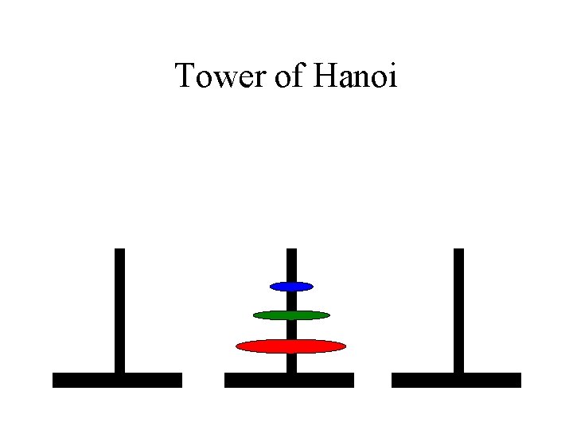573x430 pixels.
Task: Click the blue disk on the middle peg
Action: click(291, 286)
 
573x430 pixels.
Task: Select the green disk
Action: click(291, 315)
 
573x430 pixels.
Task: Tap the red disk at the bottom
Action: click(291, 346)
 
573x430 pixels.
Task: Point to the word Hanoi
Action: click(356, 76)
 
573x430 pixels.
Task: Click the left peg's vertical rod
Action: click(119, 311)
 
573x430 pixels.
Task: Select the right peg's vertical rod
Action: click(458, 311)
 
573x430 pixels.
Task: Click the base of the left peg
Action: click(117, 380)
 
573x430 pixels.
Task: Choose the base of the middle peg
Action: click(289, 380)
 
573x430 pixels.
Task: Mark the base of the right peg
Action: click(456, 380)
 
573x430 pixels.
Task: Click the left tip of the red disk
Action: click(239, 346)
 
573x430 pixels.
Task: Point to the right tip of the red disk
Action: click(344, 346)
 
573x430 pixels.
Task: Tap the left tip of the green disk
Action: click(255, 315)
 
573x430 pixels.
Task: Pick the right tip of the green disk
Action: click(327, 315)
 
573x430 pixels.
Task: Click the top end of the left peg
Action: click(119, 252)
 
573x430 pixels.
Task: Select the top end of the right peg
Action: click(458, 252)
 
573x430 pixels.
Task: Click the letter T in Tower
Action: click(185, 76)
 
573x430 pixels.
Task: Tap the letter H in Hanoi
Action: click(326, 76)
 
